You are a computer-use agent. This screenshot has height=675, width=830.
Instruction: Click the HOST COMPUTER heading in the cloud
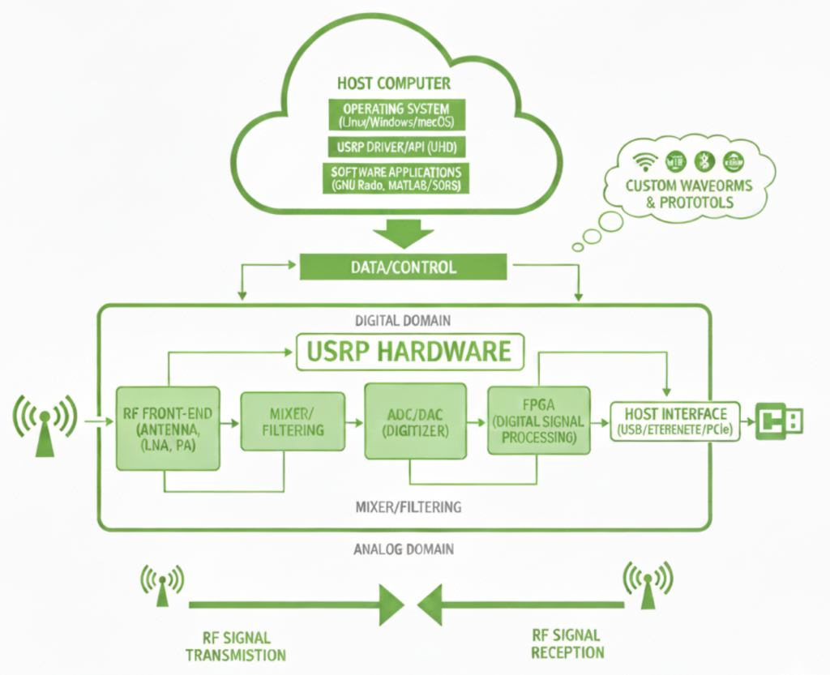393,83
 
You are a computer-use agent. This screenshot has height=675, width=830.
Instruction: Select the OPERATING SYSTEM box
395,115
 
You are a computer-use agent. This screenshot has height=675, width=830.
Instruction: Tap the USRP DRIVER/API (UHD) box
395,147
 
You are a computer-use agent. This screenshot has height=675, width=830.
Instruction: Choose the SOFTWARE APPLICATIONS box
395,178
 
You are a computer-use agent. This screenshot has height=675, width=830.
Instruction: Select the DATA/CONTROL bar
403,266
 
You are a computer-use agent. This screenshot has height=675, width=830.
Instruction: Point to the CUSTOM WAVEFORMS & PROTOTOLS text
688,193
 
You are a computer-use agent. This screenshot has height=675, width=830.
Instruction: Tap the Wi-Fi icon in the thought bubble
646,160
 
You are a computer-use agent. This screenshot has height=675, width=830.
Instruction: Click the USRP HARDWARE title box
409,352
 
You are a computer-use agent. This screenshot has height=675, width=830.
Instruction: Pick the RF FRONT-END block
167,428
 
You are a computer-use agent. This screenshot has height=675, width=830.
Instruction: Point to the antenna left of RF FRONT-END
45,425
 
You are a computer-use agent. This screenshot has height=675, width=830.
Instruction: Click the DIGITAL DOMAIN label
403,320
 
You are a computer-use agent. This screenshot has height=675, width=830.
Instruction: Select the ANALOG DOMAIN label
404,549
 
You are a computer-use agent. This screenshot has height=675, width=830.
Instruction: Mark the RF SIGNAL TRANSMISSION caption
235,646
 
